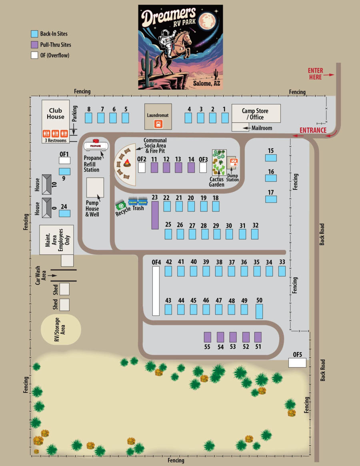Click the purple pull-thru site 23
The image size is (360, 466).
(x=155, y=215)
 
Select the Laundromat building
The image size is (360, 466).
(x=158, y=117)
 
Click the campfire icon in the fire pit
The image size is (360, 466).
(x=127, y=163)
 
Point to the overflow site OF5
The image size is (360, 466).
(x=297, y=362)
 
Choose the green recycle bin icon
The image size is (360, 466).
(x=121, y=205)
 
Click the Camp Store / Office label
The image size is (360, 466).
(x=255, y=114)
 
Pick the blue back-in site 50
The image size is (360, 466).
(x=259, y=311)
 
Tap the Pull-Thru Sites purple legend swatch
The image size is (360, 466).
(x=34, y=45)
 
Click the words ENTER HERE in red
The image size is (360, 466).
(x=315, y=74)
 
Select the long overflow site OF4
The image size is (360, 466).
(x=156, y=291)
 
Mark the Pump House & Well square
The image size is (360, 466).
(x=95, y=187)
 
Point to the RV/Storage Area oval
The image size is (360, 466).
(x=61, y=329)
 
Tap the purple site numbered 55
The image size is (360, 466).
(x=207, y=337)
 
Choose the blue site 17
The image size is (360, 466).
(x=271, y=199)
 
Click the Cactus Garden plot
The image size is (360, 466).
(x=219, y=162)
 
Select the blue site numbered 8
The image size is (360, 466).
(x=89, y=118)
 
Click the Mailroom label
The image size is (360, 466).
(x=262, y=128)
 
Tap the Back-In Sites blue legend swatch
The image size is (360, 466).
(x=34, y=34)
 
